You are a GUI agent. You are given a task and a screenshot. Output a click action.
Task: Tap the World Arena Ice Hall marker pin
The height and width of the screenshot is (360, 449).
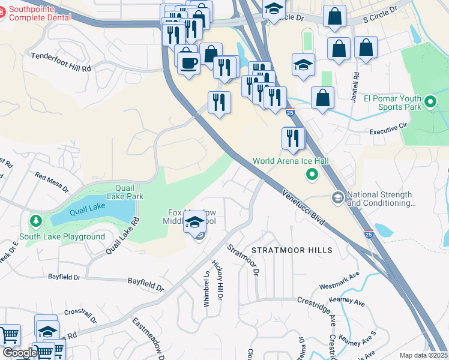click(312, 175)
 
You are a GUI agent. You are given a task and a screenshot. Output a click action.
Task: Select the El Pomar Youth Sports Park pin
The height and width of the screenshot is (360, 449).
click(430, 103)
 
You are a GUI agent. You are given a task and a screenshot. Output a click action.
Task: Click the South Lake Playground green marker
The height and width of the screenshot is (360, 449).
click(35, 223)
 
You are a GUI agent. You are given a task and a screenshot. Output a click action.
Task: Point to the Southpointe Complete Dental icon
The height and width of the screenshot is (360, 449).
click(2, 11)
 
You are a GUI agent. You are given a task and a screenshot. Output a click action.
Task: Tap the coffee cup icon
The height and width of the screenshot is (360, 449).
click(188, 62)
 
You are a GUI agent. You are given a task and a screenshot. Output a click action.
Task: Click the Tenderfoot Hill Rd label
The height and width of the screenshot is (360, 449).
click(61, 62)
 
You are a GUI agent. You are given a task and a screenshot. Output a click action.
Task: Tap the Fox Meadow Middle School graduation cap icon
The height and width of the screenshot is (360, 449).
click(194, 224)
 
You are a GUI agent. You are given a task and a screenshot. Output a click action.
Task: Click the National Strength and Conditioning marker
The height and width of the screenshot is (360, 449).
click(337, 197)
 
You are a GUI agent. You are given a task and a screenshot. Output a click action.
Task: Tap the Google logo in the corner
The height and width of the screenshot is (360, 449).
click(19, 353)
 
